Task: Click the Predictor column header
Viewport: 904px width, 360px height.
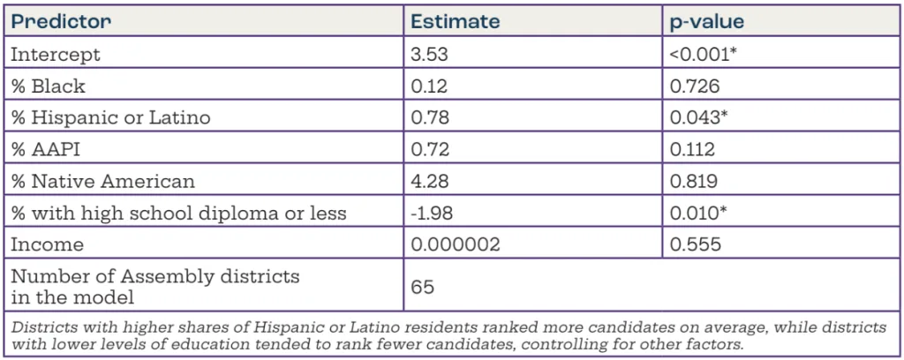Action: click(60, 21)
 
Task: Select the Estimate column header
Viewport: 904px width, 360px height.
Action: click(456, 21)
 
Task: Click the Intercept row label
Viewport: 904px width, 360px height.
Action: click(55, 54)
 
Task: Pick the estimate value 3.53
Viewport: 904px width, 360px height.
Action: click(432, 54)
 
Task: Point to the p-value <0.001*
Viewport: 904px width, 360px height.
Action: click(704, 54)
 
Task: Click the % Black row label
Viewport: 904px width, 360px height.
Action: click(48, 86)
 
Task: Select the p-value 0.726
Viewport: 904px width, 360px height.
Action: click(695, 86)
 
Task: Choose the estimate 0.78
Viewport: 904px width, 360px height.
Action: click(431, 117)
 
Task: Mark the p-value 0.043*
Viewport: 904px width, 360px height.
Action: click(699, 117)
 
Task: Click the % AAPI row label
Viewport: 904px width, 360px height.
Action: click(43, 149)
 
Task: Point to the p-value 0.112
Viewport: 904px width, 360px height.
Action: click(693, 149)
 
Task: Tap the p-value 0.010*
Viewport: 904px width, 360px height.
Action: click(698, 213)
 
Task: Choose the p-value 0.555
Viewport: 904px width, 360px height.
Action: click(695, 244)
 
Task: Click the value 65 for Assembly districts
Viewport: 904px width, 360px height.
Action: click(425, 286)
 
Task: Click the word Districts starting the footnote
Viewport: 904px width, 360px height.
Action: click(37, 326)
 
